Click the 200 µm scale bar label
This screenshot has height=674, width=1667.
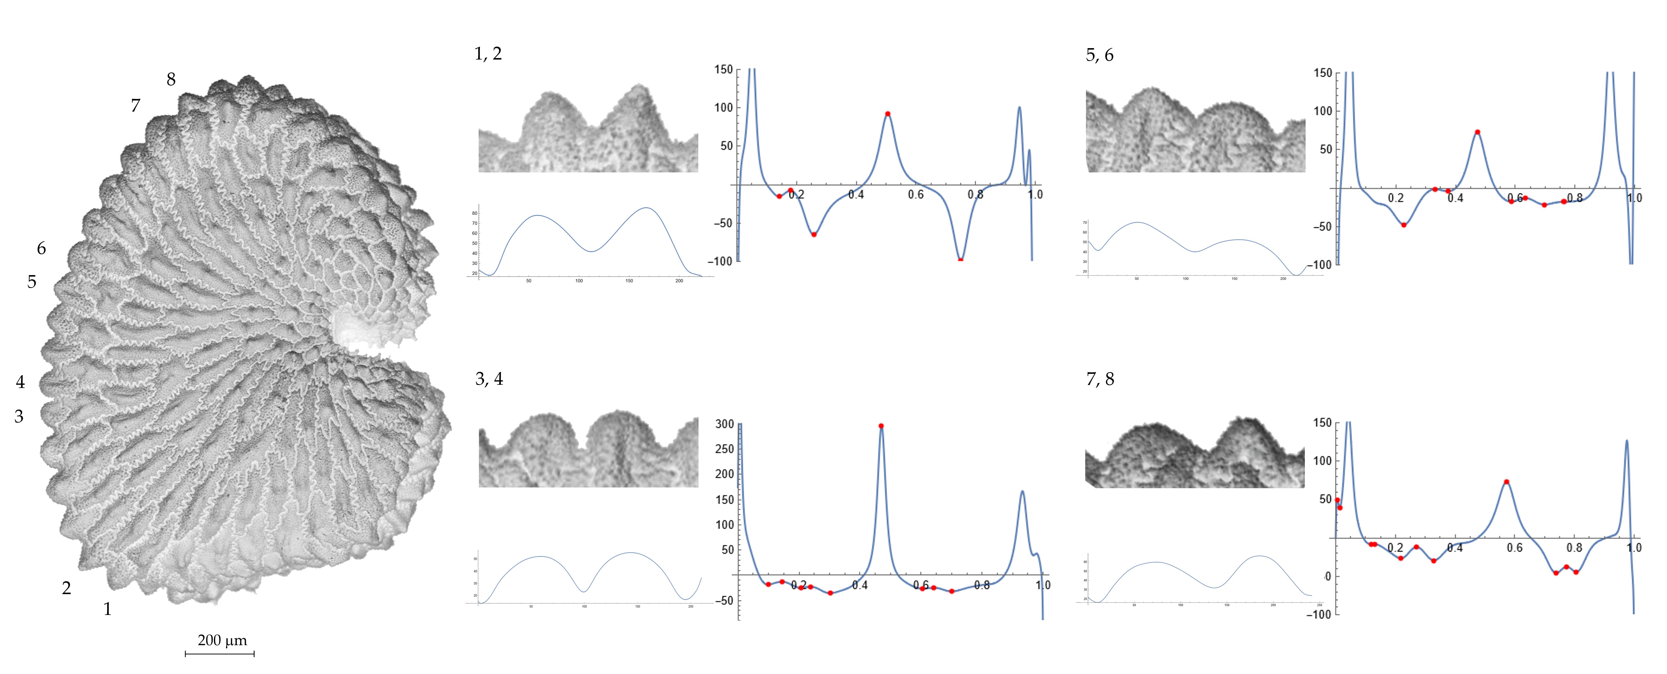(222, 640)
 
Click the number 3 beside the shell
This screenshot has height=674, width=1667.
(19, 416)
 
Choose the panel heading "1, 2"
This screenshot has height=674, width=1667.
(488, 54)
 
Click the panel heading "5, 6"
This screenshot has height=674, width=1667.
(1099, 55)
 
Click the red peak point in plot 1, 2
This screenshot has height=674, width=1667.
(888, 114)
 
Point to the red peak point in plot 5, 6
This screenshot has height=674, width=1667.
(1477, 132)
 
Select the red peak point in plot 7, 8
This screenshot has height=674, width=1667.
(1507, 482)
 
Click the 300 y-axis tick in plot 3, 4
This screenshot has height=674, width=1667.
(725, 424)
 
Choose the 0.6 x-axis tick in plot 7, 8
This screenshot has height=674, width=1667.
(1515, 548)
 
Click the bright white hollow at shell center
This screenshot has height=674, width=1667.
(353, 327)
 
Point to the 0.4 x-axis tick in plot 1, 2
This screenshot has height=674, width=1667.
(856, 194)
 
